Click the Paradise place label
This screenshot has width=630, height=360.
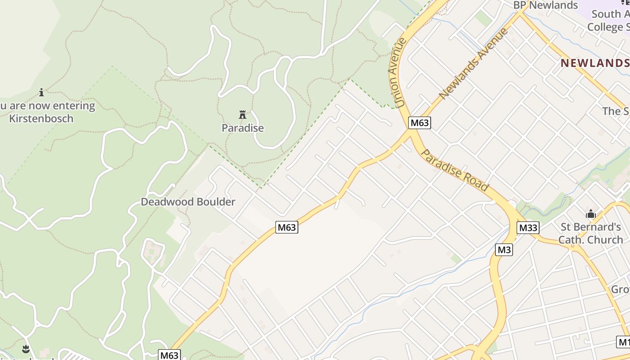[x=243, y=128]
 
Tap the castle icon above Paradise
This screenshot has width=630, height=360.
[x=243, y=115]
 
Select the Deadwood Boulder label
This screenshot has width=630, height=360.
[x=188, y=202]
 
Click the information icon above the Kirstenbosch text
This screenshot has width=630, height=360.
[x=41, y=92]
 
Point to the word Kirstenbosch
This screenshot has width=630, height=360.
[x=41, y=119]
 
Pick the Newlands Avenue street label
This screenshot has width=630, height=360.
[x=473, y=63]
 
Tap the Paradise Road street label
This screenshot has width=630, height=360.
[x=454, y=171]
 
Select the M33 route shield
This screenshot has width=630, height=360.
[x=528, y=228]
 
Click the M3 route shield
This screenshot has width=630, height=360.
[x=504, y=249]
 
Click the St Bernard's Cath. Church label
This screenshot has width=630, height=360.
[x=590, y=233]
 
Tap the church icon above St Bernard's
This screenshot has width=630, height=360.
[x=591, y=214]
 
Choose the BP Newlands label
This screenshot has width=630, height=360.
[x=545, y=5]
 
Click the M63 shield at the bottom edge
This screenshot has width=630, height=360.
[x=170, y=355]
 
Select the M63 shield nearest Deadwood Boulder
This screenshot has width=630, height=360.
[x=287, y=227]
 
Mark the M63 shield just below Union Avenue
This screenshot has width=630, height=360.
[x=419, y=122]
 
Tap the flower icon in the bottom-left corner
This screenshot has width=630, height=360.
[x=26, y=348]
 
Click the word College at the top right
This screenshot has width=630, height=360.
[x=605, y=27]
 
